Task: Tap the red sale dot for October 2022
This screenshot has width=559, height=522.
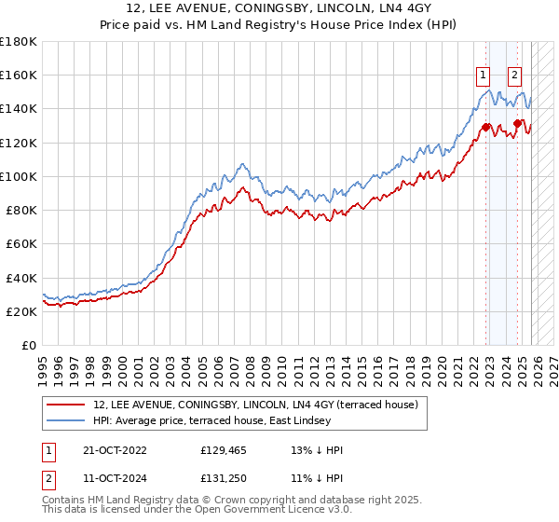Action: (486, 127)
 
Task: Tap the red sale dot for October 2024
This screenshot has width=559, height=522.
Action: (517, 123)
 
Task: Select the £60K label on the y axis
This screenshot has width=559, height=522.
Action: (20, 243)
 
